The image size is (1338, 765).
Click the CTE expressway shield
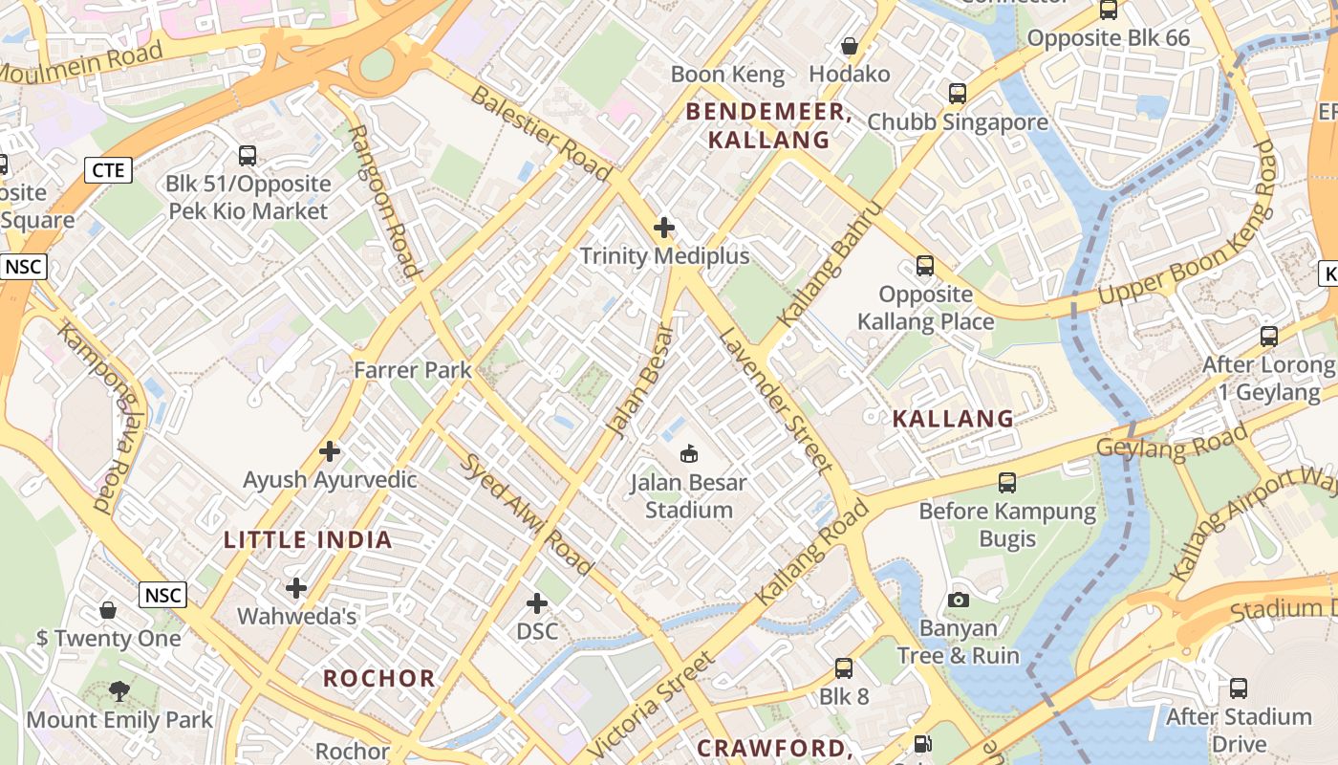click(x=108, y=170)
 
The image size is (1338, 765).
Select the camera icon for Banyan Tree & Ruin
click(x=958, y=600)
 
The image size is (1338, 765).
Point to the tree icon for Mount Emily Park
click(x=119, y=689)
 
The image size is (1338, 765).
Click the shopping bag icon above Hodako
click(x=849, y=46)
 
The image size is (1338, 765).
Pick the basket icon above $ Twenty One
click(x=109, y=609)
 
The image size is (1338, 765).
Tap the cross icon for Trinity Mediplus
click(x=664, y=228)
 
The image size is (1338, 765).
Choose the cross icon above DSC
click(x=537, y=602)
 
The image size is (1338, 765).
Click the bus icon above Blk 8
click(x=844, y=667)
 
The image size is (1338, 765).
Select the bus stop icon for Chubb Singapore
click(x=958, y=94)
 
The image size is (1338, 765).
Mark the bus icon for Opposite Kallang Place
click(x=924, y=265)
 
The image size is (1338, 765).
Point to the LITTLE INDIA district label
click(x=308, y=539)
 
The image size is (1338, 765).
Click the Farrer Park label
click(x=413, y=369)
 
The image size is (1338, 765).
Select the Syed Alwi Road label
click(x=528, y=514)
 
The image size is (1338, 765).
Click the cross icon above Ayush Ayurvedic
click(x=330, y=450)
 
